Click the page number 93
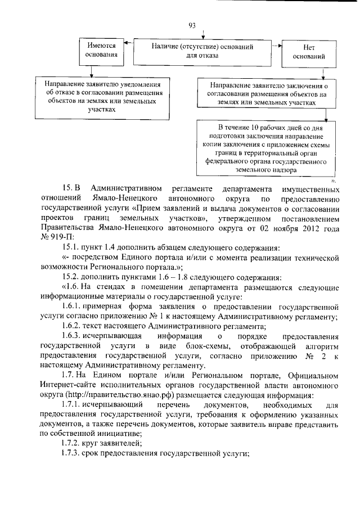192,25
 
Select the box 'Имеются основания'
101,50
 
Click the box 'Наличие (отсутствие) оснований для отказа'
202,51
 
